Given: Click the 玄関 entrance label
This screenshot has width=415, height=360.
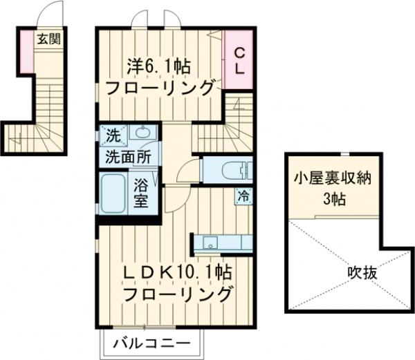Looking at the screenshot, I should (48, 39).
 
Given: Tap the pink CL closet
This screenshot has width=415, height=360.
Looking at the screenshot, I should (238, 60).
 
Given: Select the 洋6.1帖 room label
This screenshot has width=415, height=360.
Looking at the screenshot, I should (159, 68).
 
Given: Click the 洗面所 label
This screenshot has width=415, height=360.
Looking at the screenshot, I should (127, 157).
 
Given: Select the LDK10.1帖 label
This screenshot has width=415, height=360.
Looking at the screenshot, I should (176, 272).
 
